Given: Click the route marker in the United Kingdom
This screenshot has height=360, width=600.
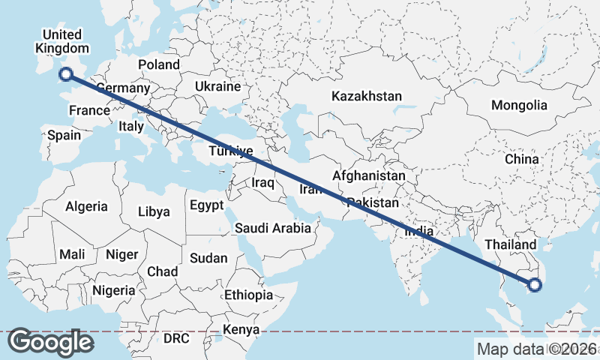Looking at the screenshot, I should (65, 73).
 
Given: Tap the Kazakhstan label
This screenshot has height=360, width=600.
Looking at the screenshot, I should (366, 96).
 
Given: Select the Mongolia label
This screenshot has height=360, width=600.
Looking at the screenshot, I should (519, 105).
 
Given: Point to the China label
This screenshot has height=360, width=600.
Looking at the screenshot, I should (521, 159).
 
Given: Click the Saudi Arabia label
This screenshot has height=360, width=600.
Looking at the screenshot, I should (272, 228).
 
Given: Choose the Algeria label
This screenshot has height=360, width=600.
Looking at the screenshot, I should (86, 206).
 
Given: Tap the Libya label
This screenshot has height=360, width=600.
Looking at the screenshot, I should (154, 211).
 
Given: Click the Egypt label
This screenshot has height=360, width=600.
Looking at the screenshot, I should (206, 205).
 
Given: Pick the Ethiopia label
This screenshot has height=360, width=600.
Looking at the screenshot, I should (248, 295).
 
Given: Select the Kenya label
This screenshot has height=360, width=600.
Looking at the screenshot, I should (241, 329).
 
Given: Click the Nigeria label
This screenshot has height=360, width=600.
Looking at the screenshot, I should (113, 289).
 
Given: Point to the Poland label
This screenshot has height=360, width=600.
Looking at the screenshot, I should (158, 65).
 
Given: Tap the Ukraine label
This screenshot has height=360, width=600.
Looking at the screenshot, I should (217, 86).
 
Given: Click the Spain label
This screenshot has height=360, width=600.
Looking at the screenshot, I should (64, 136).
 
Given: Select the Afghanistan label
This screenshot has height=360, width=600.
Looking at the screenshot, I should (368, 175).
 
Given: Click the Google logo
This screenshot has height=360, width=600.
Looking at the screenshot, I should (50, 342).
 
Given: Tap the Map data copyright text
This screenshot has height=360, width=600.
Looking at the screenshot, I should (536, 349).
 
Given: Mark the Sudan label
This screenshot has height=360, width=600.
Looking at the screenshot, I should (208, 258).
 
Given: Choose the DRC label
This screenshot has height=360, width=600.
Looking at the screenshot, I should (176, 338).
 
